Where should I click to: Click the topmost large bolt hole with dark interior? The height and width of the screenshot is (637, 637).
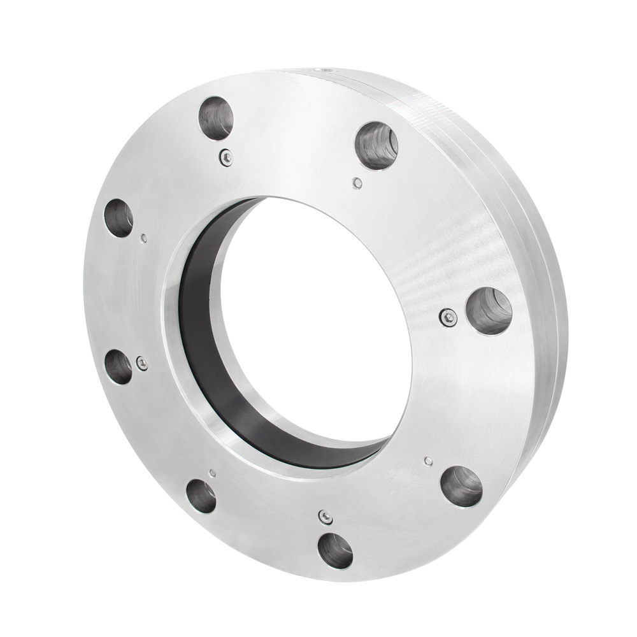pos(216,118)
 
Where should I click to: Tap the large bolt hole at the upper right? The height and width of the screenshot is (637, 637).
pos(376,145)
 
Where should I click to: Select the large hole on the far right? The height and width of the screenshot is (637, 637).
pos(489,311)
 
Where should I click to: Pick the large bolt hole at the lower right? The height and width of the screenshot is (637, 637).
pos(461,486)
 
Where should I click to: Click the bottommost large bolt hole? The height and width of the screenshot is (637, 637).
pos(335,550)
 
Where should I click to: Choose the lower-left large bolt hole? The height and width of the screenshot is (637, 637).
pos(201,497)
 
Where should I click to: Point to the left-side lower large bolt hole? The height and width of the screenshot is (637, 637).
pos(118,367)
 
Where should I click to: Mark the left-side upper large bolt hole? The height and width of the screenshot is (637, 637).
pos(119,218)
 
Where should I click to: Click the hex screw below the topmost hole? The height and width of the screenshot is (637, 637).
pos(225,157)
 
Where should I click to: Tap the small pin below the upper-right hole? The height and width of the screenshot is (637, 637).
pos(358,183)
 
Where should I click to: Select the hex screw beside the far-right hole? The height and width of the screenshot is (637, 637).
pos(448,317)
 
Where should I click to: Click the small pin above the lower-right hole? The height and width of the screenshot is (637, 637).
pos(429,461)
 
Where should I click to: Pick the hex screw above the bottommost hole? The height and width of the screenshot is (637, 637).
pos(326,517)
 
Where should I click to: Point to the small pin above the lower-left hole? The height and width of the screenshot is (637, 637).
pos(212,473)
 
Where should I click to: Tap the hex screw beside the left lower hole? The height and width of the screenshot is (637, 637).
pos(142,363)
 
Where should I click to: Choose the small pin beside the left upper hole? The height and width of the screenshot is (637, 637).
pos(145,238)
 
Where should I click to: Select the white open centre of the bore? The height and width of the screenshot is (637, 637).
pos(318,318)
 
